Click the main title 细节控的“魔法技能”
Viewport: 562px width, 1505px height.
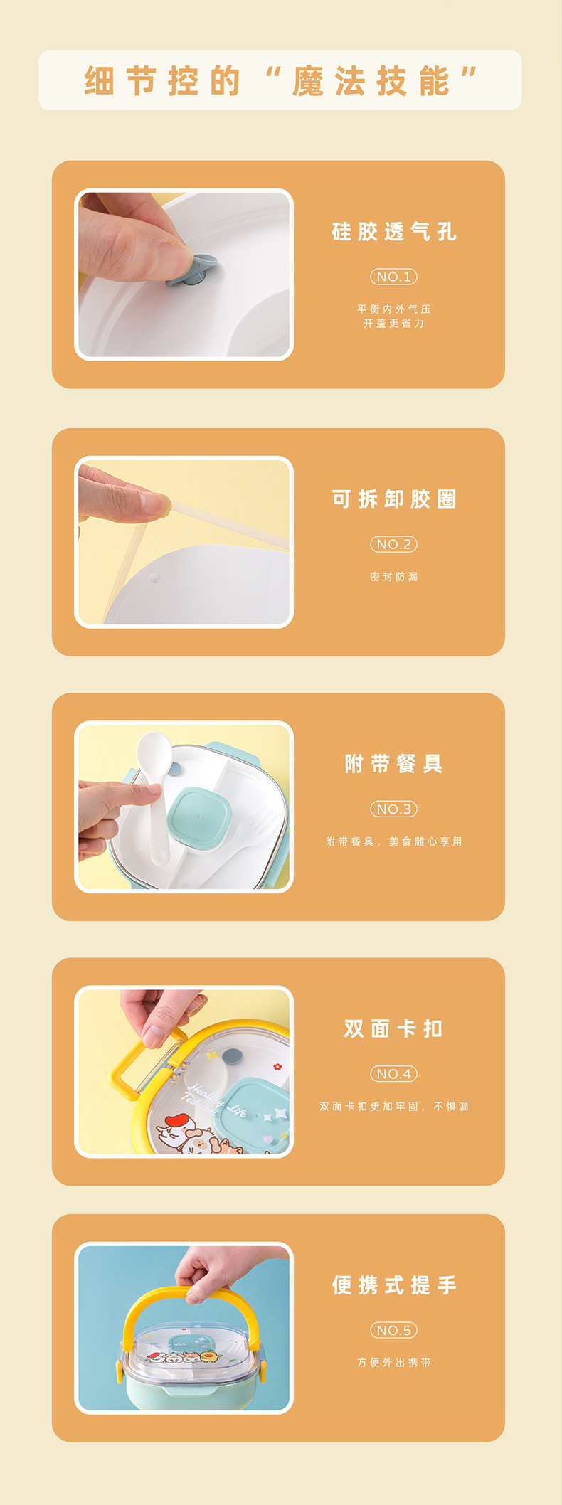[x=280, y=80]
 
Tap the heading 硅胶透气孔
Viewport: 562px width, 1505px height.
[x=393, y=232]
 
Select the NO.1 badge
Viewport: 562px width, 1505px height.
[x=393, y=277]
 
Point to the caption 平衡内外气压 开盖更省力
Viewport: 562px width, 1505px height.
[x=393, y=316]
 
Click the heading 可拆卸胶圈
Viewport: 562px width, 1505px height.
[x=393, y=499]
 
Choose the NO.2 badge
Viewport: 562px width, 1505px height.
[x=393, y=544]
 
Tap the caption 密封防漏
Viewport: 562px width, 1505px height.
[x=393, y=577]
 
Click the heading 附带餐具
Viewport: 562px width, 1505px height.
[x=393, y=764]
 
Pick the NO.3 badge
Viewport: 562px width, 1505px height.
[x=393, y=809]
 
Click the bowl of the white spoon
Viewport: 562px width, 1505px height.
[x=153, y=751]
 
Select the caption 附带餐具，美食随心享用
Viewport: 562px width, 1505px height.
[x=393, y=841]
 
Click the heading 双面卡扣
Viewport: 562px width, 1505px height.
[x=393, y=1028]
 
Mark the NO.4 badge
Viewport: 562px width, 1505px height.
[x=393, y=1073]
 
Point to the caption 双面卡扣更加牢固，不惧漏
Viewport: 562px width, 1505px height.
[x=393, y=1106]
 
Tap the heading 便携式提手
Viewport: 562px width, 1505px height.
[x=393, y=1285]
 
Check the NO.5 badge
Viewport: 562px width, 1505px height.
[x=393, y=1329]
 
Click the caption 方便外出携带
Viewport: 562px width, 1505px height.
[x=393, y=1362]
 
